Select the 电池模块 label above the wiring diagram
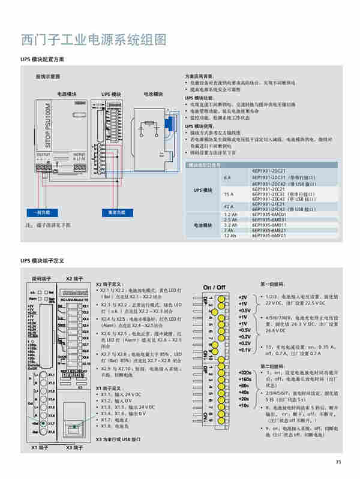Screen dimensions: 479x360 153,94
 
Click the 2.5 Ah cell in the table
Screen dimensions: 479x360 230,219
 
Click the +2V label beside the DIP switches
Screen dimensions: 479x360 243,297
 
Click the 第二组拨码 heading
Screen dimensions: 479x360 273,366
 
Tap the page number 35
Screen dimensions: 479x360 338,461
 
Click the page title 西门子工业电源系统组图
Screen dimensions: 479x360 93,40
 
